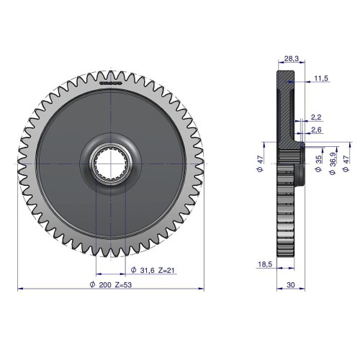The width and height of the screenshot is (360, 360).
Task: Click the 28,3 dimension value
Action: [291, 58]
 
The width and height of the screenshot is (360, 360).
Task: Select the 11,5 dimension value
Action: [321, 78]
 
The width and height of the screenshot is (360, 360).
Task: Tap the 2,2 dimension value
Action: [316, 117]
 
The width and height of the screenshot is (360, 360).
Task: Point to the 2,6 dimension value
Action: [316, 130]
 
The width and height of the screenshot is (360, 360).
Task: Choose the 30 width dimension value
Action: [291, 285]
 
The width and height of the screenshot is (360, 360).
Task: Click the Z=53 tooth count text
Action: [123, 285]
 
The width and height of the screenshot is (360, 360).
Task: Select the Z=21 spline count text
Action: [166, 271]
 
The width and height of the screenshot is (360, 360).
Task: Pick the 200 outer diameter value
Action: [105, 285]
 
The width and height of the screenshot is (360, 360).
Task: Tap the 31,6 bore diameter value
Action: [147, 271]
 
